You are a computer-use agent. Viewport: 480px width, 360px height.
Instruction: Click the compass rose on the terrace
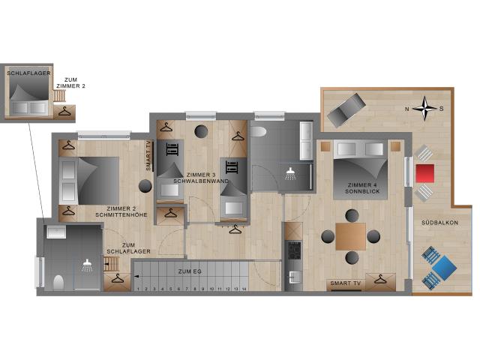426,108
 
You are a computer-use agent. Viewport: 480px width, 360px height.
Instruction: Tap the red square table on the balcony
424,173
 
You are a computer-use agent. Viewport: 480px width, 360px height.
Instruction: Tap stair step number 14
243,288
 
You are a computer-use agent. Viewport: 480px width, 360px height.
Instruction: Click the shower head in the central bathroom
290,173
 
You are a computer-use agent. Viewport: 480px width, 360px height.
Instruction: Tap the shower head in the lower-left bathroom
88,265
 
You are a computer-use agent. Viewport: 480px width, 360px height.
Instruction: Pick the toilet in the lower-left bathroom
58,282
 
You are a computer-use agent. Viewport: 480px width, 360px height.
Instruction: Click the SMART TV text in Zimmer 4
344,283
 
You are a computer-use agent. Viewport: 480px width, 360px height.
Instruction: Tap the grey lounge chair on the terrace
344,110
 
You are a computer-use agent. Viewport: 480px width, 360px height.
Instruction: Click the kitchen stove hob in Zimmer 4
293,248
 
